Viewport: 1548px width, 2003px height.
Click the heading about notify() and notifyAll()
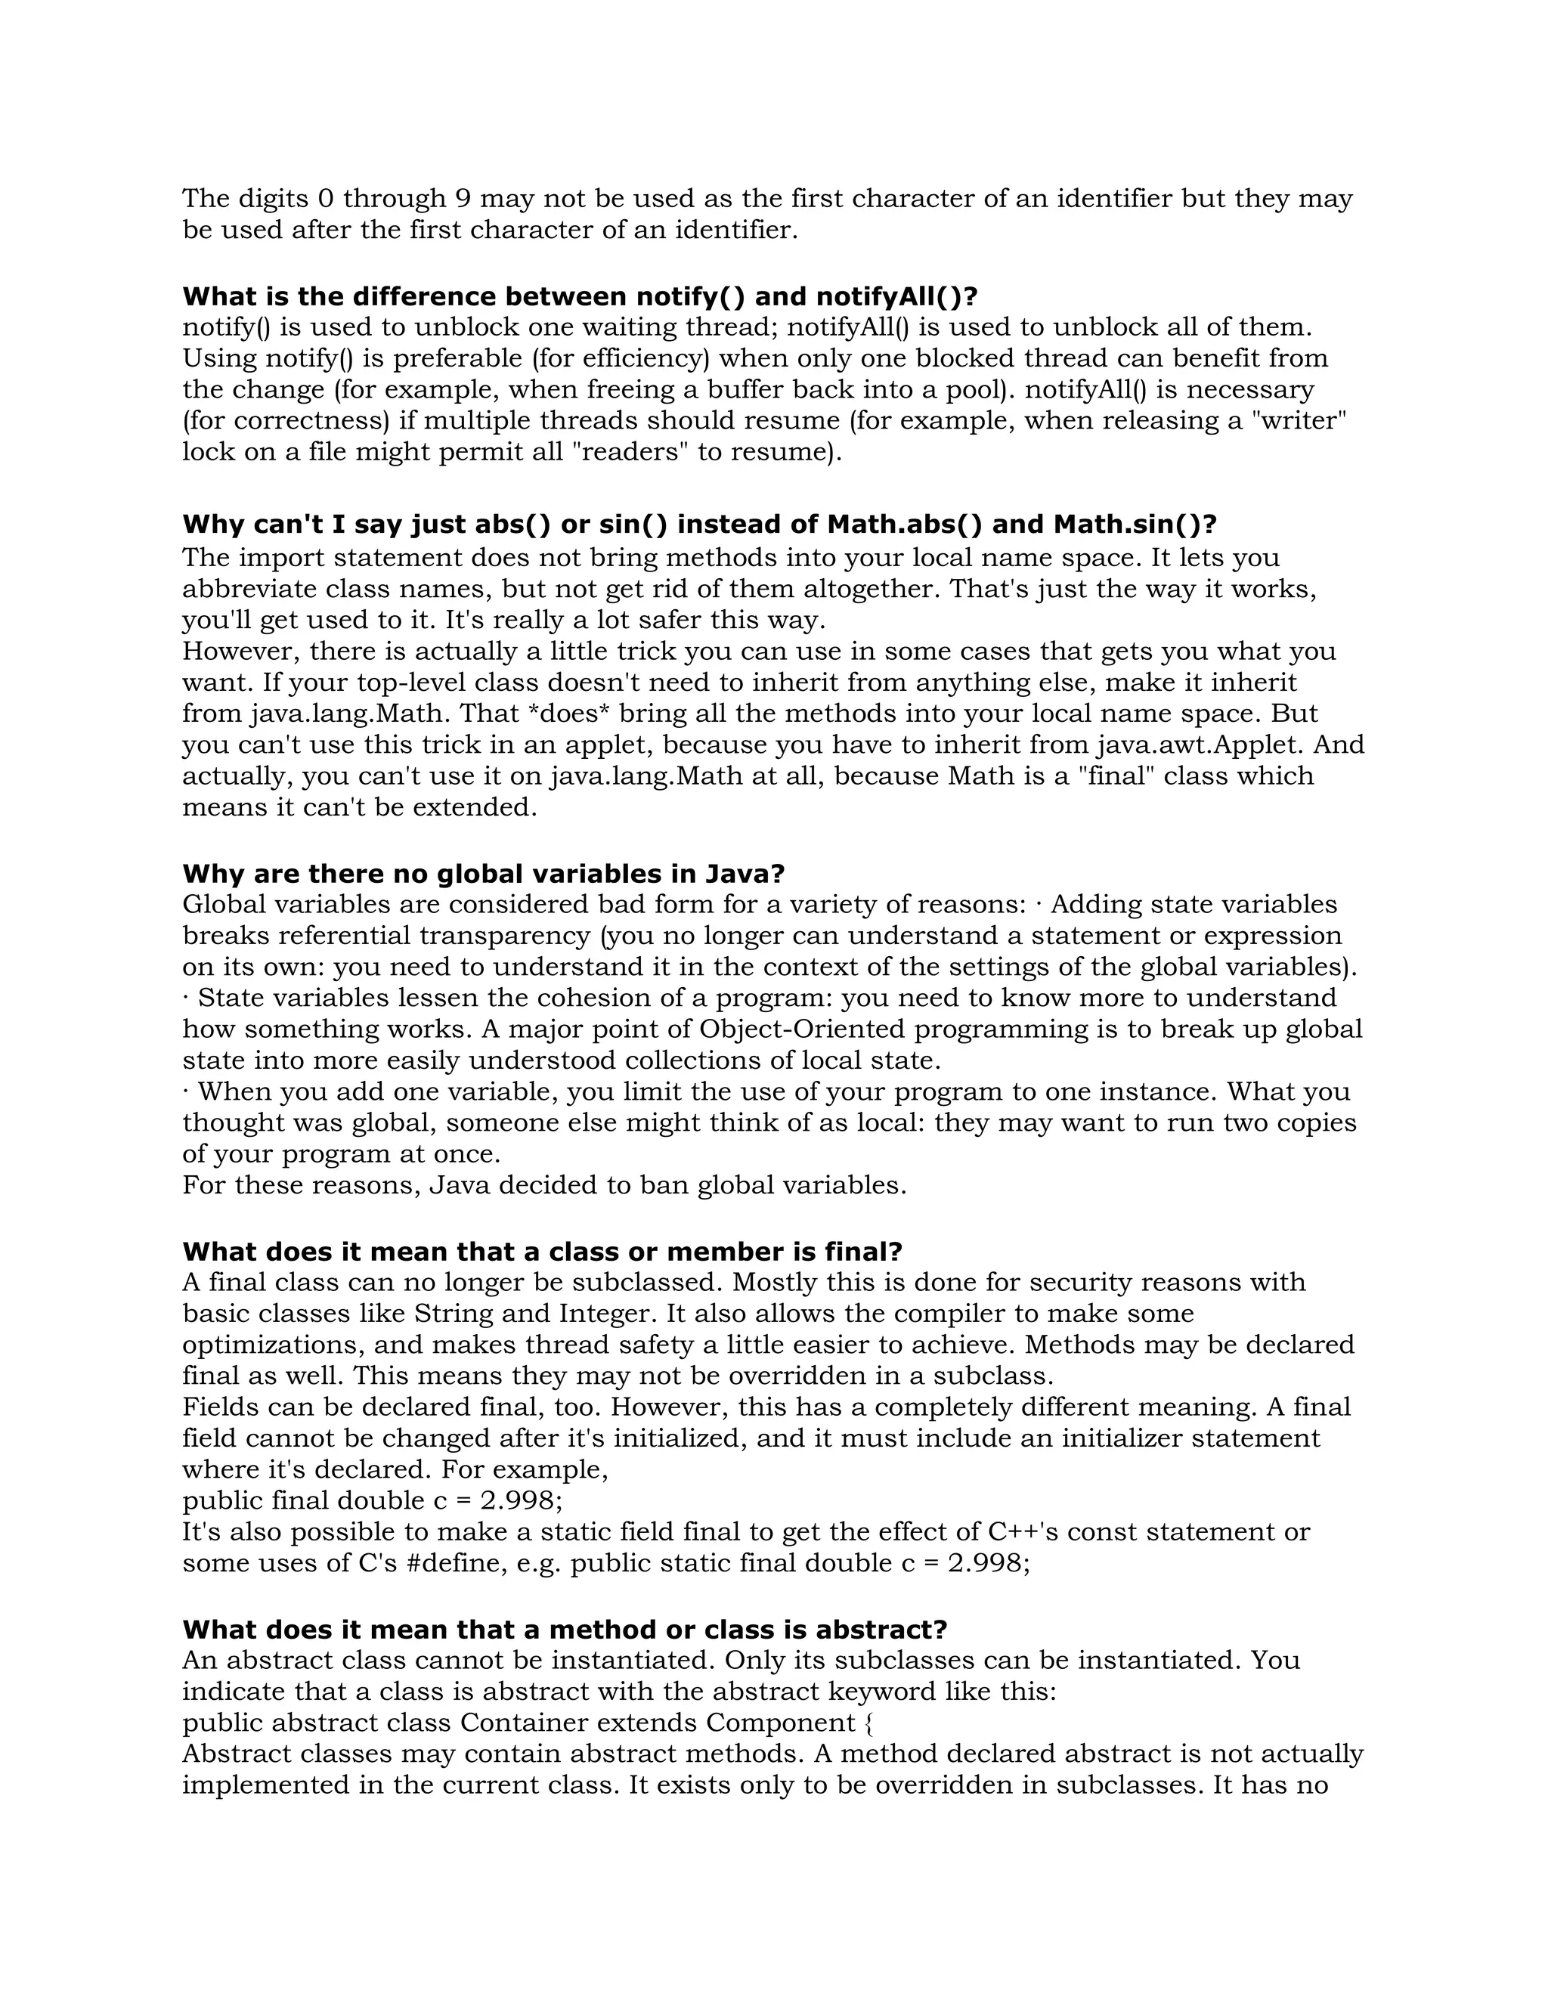580,296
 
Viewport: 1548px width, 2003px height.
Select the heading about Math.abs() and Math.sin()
699,524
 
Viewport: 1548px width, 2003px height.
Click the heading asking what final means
542,1251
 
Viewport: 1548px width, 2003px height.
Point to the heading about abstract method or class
564,1629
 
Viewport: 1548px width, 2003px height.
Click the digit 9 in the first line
462,198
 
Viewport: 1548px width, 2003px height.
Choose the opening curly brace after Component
868,1723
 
